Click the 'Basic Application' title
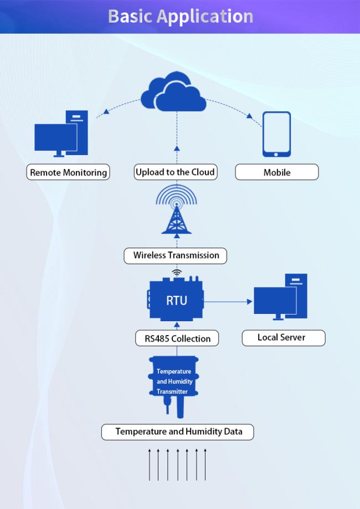[180, 16]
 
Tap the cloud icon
[174, 92]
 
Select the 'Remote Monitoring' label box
[68, 172]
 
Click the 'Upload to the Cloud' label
[175, 172]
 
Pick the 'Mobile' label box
[276, 172]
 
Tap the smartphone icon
[276, 135]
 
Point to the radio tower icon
[177, 210]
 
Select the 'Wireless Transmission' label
[176, 255]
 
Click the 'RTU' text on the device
[177, 301]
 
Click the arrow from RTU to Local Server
[227, 302]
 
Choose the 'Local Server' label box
[283, 337]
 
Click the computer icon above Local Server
[281, 297]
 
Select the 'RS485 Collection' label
[176, 338]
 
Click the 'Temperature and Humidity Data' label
[178, 431]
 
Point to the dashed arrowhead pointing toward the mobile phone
[249, 116]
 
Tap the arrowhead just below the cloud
[177, 148]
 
